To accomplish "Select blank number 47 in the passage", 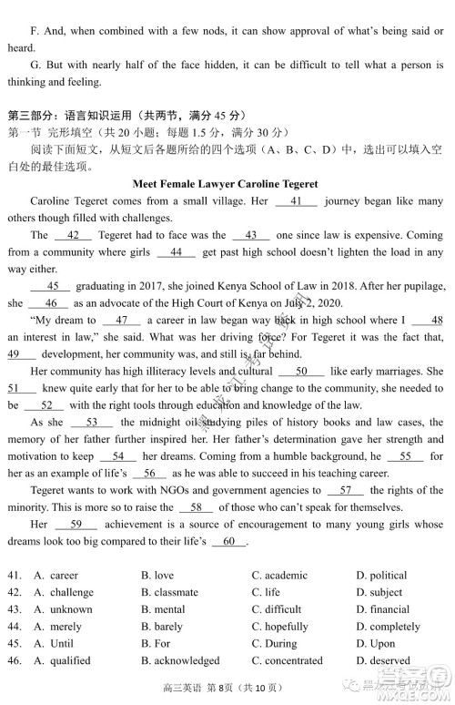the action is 122,320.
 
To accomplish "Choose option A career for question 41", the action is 63,575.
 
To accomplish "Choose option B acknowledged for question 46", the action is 187,660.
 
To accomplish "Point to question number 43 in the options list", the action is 14,609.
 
